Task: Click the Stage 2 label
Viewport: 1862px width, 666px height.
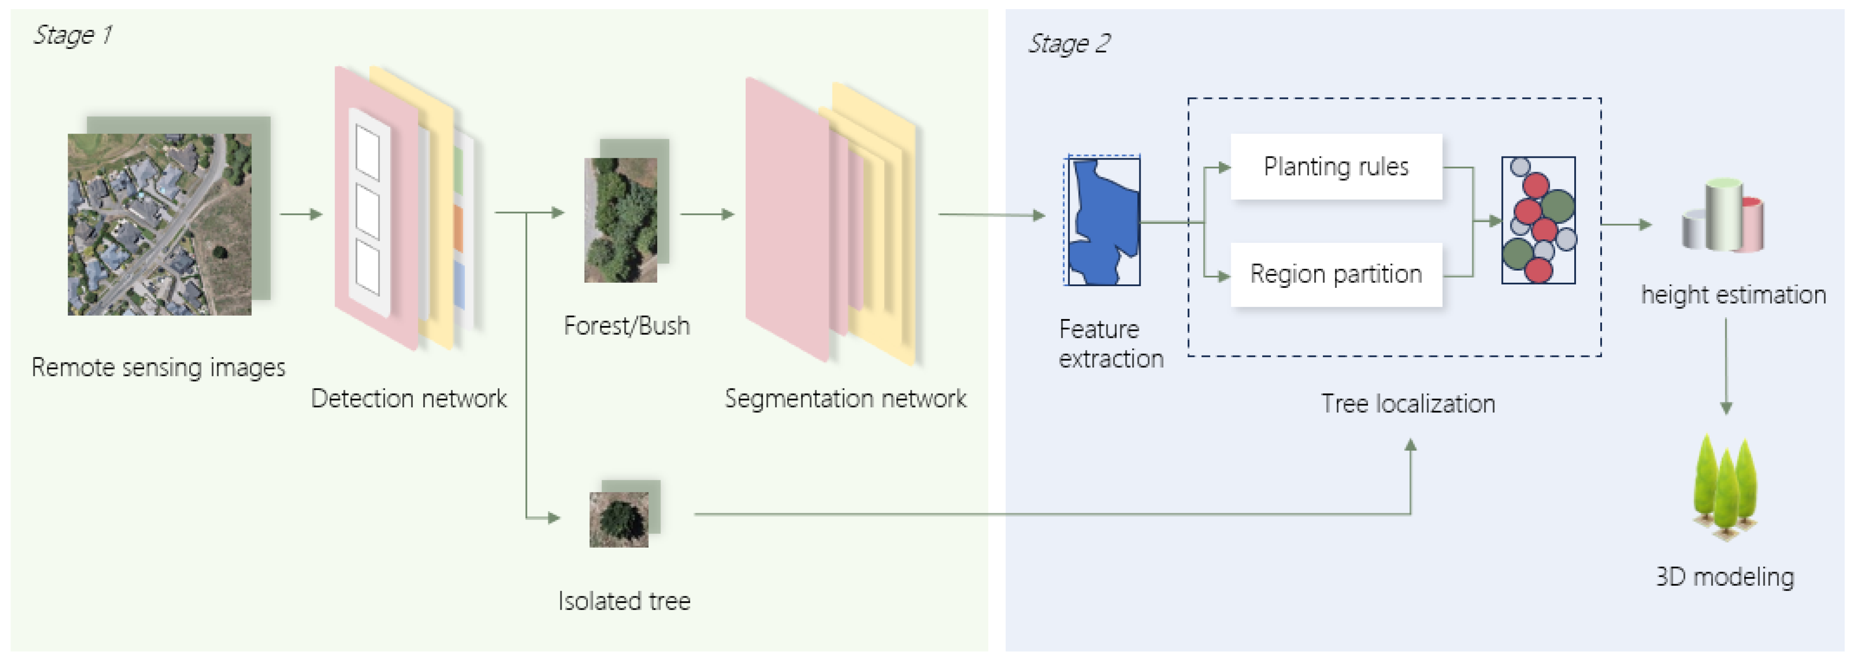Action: click(1068, 43)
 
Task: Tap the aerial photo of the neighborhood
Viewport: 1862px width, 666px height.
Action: click(159, 224)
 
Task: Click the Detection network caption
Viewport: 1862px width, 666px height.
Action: click(408, 398)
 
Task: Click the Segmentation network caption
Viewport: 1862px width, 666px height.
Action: click(845, 398)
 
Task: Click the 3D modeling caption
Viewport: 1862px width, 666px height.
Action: click(1725, 576)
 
